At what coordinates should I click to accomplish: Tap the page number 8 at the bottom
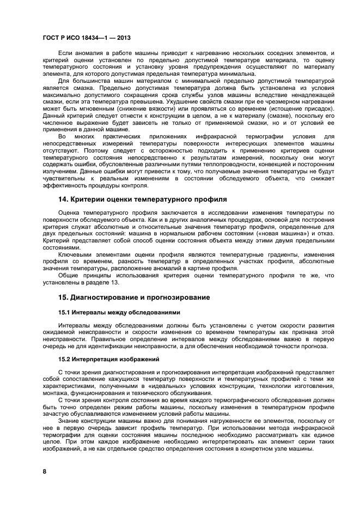(x=45, y=471)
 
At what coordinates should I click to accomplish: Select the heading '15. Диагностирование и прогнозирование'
(x=134, y=297)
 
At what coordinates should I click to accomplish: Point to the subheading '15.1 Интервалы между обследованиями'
(x=119, y=312)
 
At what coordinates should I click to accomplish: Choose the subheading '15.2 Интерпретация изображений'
(x=109, y=359)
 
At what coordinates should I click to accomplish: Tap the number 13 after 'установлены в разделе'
(x=114, y=283)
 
